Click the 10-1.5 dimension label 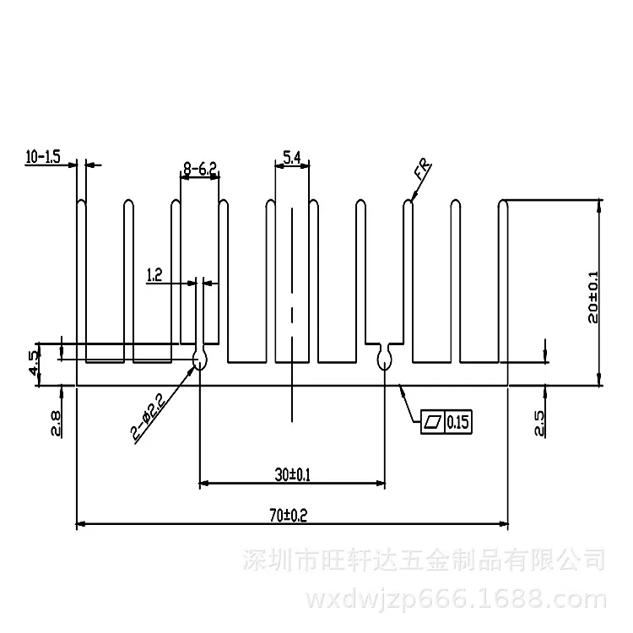[x=43, y=157]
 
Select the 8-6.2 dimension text [x=200, y=168]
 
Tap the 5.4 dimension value [x=292, y=158]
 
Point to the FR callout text [x=422, y=170]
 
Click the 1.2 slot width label [x=154, y=275]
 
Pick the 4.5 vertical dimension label [x=34, y=363]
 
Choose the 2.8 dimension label [x=56, y=423]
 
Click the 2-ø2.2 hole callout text [x=149, y=417]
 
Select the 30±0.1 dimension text [x=293, y=474]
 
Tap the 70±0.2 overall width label [x=289, y=515]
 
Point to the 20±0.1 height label [x=593, y=297]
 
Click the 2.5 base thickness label [x=539, y=423]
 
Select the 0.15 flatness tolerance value [x=457, y=422]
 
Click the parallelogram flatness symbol [x=432, y=422]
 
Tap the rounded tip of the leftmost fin [x=81, y=201]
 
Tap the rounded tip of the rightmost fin [x=503, y=201]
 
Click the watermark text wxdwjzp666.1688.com [x=457, y=600]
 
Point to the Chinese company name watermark [x=424, y=560]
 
